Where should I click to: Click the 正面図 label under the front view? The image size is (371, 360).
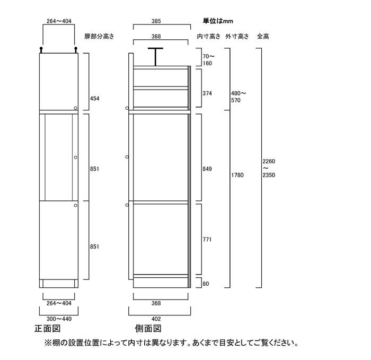click(48, 328)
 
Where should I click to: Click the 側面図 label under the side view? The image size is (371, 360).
click(148, 328)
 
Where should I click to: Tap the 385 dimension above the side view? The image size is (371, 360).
click(156, 21)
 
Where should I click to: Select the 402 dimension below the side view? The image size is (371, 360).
click(156, 319)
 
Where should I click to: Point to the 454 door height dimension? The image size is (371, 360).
click(95, 99)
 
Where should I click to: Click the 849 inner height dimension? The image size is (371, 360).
click(207, 169)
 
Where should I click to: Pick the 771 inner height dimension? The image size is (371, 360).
click(207, 239)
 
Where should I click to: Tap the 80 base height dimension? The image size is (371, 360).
click(206, 284)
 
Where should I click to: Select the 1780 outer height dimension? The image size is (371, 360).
click(237, 175)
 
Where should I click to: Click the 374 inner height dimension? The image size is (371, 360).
click(207, 93)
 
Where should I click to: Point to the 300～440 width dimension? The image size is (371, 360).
click(59, 319)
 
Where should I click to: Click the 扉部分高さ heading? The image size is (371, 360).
click(100, 36)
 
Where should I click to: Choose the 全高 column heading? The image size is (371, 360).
click(263, 36)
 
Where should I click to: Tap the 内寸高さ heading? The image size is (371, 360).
click(209, 36)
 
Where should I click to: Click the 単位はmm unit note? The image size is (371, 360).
click(218, 21)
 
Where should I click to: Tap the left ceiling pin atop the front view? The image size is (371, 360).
click(41, 50)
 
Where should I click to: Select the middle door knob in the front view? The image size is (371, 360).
click(75, 157)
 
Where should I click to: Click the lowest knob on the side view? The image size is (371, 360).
click(127, 205)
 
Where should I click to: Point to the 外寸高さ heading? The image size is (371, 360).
click(237, 36)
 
